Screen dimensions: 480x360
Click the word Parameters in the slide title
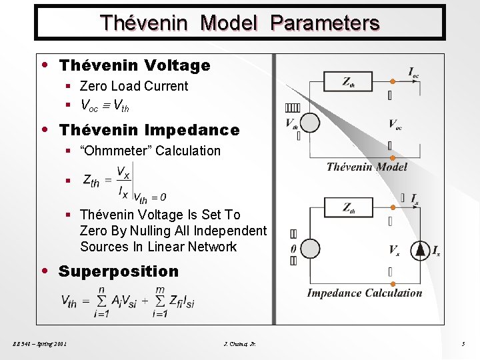(325, 23)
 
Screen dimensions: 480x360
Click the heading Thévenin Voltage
(135, 65)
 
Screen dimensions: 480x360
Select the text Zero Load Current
(133, 86)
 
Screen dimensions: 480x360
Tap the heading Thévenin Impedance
(149, 129)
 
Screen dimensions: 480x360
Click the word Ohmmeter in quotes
(116, 151)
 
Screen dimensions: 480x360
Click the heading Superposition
(118, 271)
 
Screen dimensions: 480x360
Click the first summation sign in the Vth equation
(101, 301)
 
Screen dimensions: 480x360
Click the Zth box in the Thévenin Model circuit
(349, 81)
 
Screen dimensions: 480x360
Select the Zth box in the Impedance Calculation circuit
(349, 207)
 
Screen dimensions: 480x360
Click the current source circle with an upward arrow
(421, 251)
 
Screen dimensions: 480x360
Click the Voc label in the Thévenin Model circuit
(395, 124)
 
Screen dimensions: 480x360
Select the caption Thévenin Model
(367, 167)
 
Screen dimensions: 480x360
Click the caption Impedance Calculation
(364, 293)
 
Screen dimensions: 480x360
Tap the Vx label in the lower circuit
(395, 251)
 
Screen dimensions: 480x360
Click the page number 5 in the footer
(463, 344)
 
